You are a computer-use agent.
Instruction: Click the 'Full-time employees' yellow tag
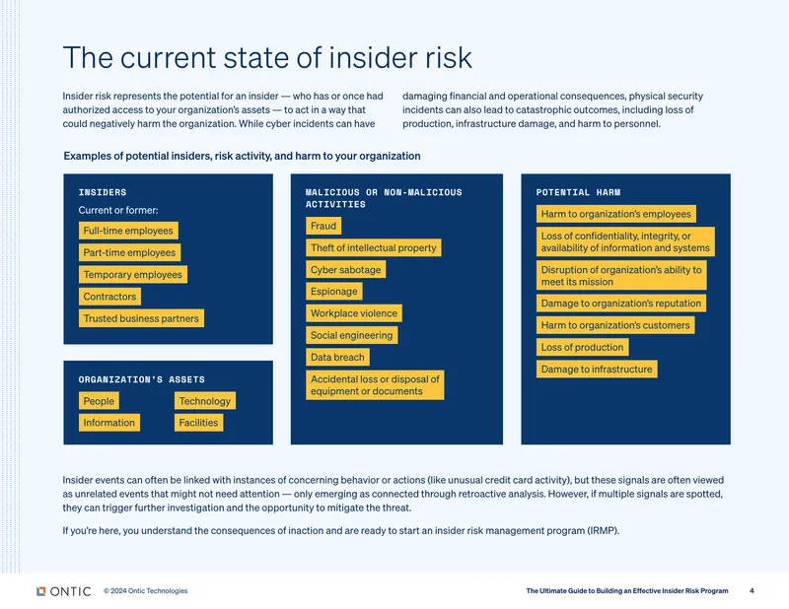tap(128, 231)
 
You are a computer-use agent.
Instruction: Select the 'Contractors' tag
tap(109, 297)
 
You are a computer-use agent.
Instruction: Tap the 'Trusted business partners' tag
tap(141, 318)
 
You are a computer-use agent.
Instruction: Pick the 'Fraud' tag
tap(323, 226)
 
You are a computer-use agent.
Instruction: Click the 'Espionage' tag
tap(334, 291)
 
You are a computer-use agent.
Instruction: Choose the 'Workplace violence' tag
tap(354, 313)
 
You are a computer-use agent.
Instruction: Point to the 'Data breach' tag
tap(337, 357)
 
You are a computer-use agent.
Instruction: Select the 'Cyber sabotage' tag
tap(346, 270)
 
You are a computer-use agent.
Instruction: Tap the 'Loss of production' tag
tap(582, 347)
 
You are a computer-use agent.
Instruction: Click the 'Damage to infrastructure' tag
tap(597, 370)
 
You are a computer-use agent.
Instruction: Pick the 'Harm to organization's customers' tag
tap(615, 325)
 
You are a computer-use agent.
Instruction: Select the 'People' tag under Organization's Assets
tap(99, 401)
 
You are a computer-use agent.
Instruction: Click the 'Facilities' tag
tap(199, 423)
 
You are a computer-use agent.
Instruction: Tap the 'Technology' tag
tap(205, 401)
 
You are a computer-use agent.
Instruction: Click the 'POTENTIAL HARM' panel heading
tap(578, 192)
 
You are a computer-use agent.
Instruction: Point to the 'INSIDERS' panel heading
tap(103, 192)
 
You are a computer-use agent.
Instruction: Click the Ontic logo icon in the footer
tap(41, 591)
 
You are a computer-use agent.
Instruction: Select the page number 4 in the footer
tap(752, 591)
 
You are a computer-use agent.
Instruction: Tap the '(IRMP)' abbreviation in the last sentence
tap(604, 530)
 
